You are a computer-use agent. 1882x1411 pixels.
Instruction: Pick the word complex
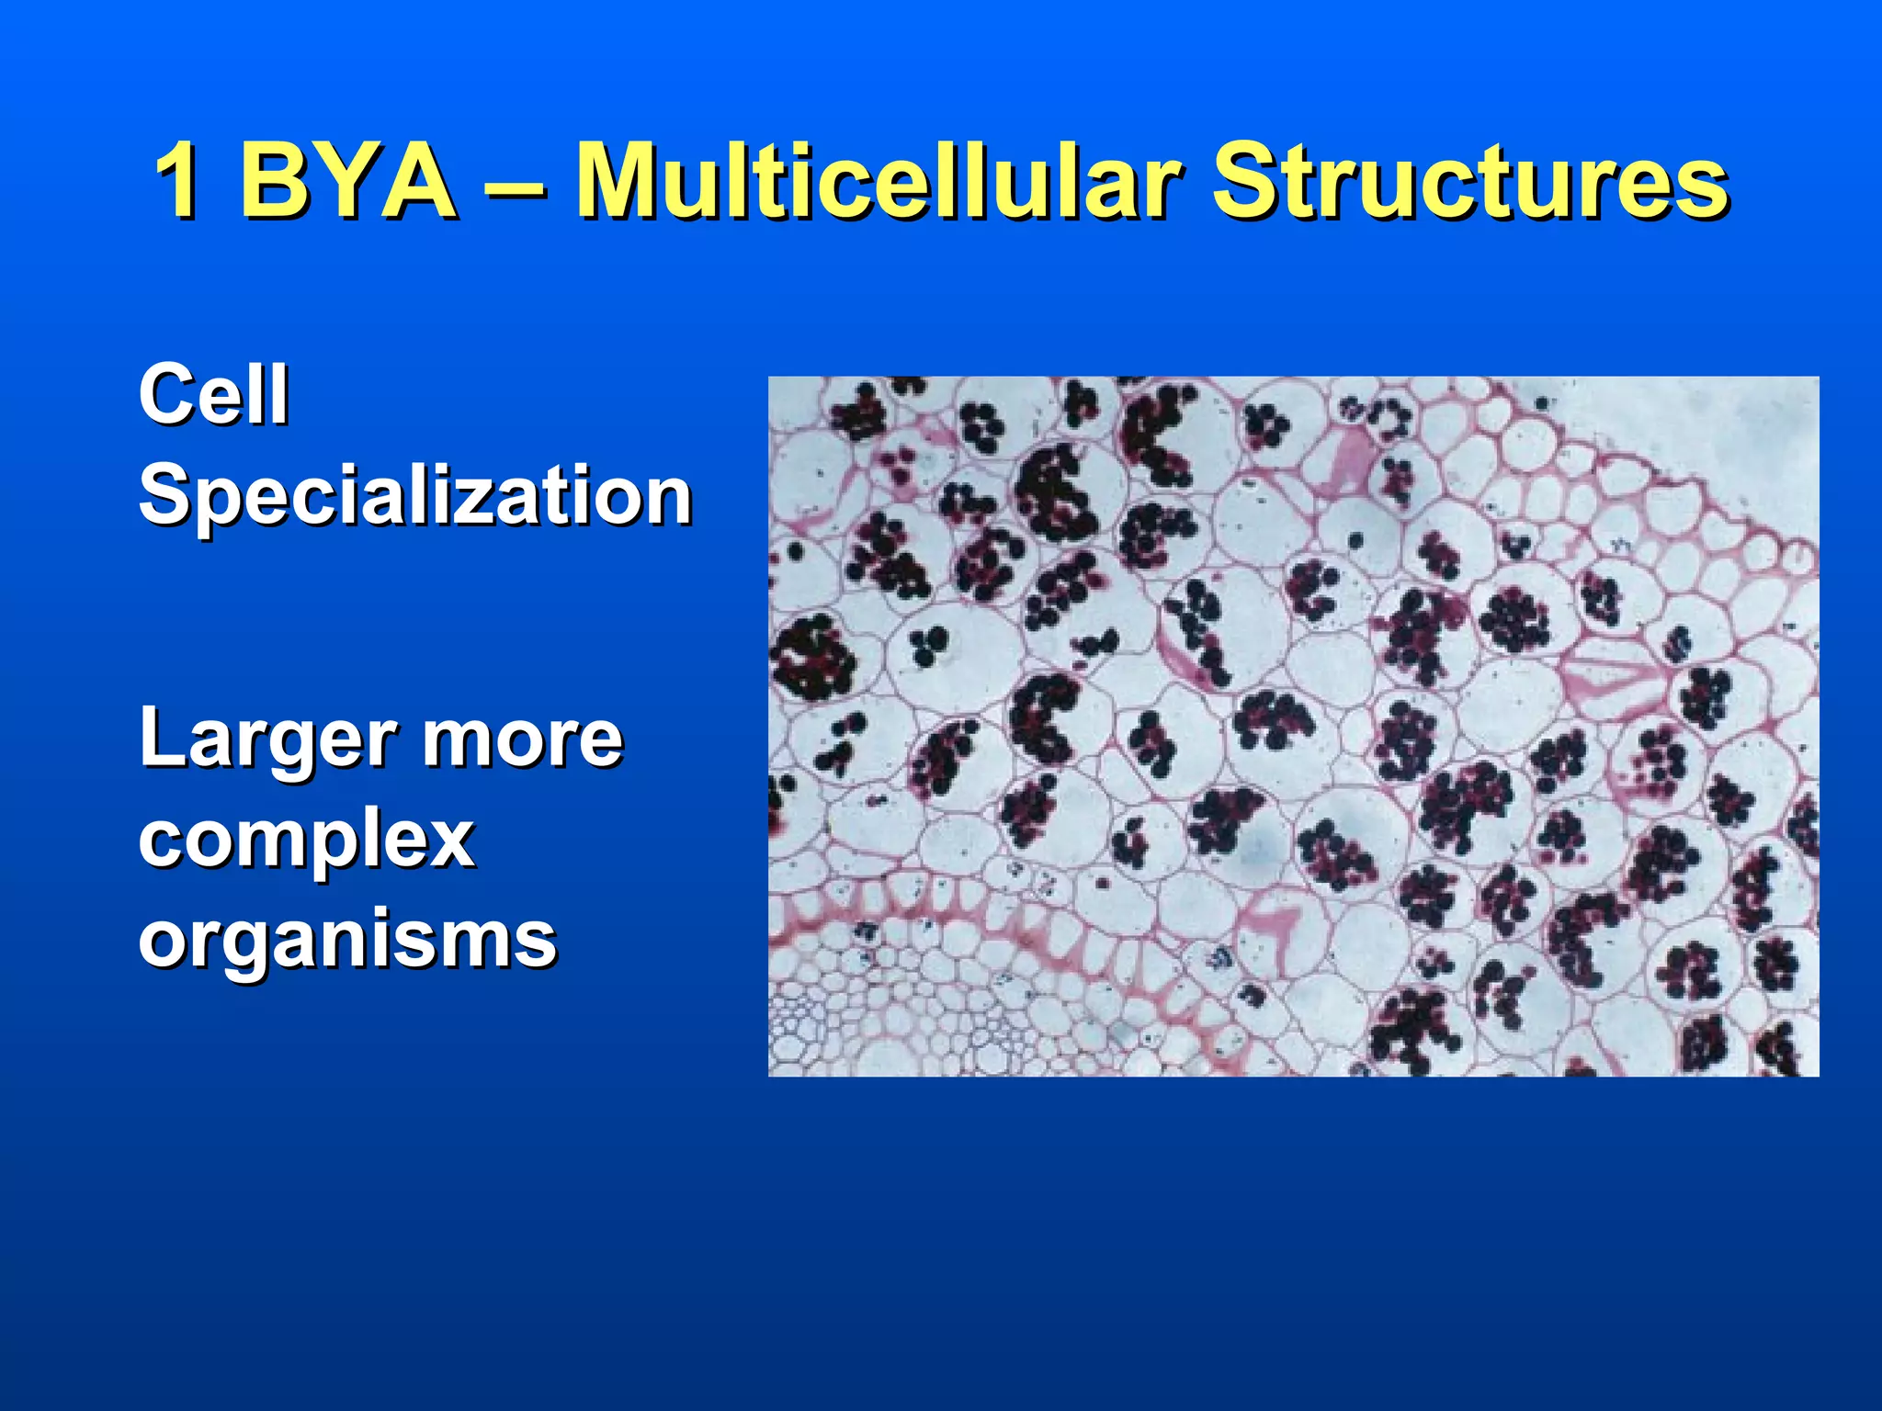pyautogui.click(x=307, y=841)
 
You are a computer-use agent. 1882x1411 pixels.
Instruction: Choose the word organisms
pyautogui.click(x=347, y=941)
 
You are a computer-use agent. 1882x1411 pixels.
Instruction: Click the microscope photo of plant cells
pyautogui.click(x=1293, y=726)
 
